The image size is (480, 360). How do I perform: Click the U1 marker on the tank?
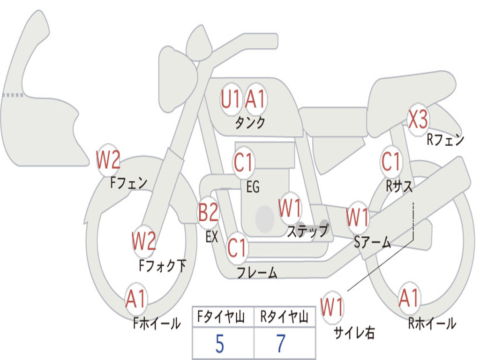click(x=231, y=99)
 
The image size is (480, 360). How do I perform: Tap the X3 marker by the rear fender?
click(x=418, y=120)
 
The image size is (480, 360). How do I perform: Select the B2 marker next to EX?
click(x=208, y=213)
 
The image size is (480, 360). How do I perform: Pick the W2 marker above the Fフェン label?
click(x=108, y=160)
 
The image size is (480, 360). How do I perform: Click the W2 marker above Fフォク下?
click(x=143, y=241)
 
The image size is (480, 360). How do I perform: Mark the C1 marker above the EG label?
click(x=243, y=163)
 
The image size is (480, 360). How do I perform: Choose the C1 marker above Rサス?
click(x=391, y=162)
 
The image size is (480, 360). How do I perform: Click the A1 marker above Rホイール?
click(x=409, y=298)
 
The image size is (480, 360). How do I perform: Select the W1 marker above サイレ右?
click(x=332, y=307)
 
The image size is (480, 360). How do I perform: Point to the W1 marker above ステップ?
click(x=290, y=209)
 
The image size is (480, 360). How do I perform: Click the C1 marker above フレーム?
click(x=237, y=247)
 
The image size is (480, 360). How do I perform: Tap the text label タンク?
click(x=250, y=123)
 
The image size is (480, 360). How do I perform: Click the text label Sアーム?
click(x=373, y=242)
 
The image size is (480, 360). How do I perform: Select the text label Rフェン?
click(x=445, y=139)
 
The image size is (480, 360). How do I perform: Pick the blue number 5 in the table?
click(x=219, y=345)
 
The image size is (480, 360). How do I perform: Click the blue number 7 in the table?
click(x=281, y=345)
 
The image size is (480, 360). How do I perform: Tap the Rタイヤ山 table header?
click(x=284, y=318)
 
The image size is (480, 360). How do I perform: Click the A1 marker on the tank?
click(x=256, y=99)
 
